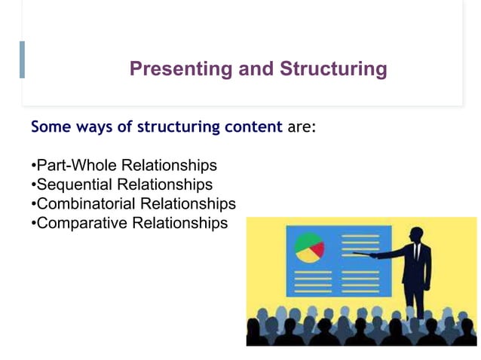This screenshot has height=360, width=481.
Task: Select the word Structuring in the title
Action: click(x=333, y=69)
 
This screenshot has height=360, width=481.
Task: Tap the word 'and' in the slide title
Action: click(x=257, y=69)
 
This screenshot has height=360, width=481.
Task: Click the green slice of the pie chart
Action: click(x=305, y=241)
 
